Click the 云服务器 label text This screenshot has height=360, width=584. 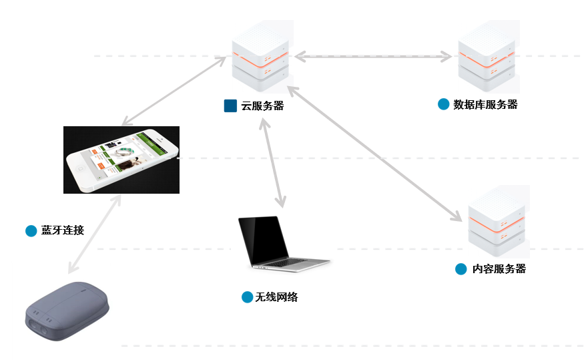click(x=262, y=106)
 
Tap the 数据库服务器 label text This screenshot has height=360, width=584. click(x=485, y=104)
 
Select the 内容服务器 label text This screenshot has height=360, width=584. click(x=499, y=268)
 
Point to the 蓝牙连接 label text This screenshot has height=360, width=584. click(x=63, y=230)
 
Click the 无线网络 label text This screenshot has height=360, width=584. click(x=276, y=297)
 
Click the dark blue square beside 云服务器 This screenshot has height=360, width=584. click(x=230, y=105)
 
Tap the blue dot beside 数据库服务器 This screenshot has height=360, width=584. click(x=443, y=104)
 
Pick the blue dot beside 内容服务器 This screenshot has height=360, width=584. click(x=461, y=268)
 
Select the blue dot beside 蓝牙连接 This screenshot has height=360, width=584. click(x=31, y=230)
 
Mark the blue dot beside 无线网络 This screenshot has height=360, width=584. click(x=247, y=297)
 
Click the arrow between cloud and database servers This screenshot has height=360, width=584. click(x=374, y=57)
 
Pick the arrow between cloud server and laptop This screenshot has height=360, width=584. click(x=274, y=164)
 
